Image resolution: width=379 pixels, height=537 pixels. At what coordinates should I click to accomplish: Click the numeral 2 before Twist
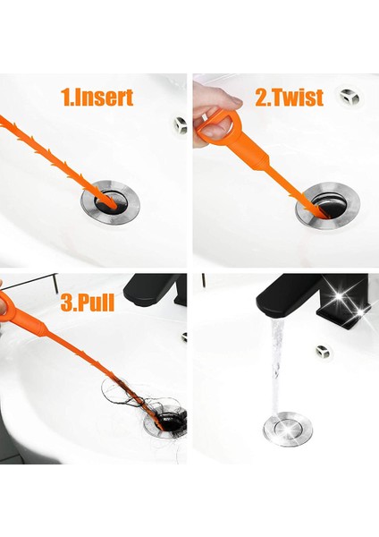261,98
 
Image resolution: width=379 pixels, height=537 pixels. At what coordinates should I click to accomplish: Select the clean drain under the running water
288,428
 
